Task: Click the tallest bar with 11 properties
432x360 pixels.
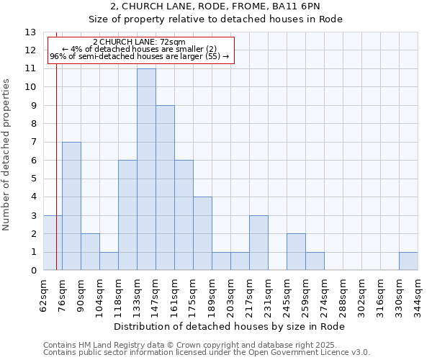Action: [146, 169]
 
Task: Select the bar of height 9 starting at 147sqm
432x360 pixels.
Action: [165, 188]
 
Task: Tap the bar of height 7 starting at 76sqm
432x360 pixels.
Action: [71, 206]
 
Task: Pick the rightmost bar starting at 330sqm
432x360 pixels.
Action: [408, 261]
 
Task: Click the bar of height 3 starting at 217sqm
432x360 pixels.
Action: [258, 243]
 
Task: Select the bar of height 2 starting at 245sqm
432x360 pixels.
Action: [296, 252]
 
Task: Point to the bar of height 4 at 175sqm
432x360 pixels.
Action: [202, 233]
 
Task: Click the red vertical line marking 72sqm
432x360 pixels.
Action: [56, 166]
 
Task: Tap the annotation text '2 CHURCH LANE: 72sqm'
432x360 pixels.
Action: [139, 42]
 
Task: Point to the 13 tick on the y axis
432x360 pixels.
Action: [30, 32]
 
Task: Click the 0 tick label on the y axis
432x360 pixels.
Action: [33, 271]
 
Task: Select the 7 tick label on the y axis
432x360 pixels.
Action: [33, 143]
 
